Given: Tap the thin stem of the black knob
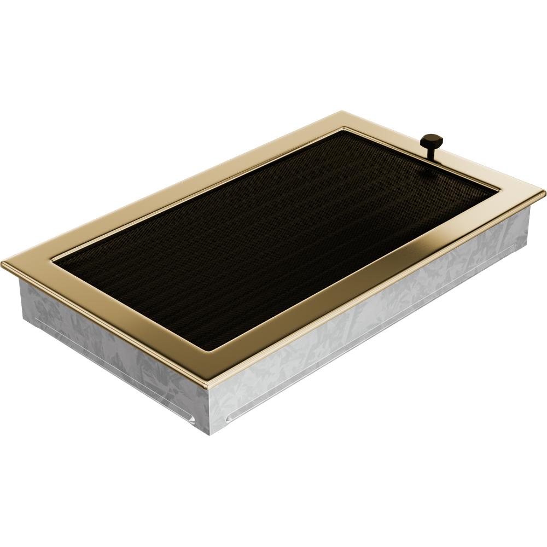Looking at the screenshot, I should click(430, 154).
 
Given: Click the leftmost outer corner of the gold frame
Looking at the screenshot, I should click(3, 265).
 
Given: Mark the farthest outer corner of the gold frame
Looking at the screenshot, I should click(337, 113).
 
